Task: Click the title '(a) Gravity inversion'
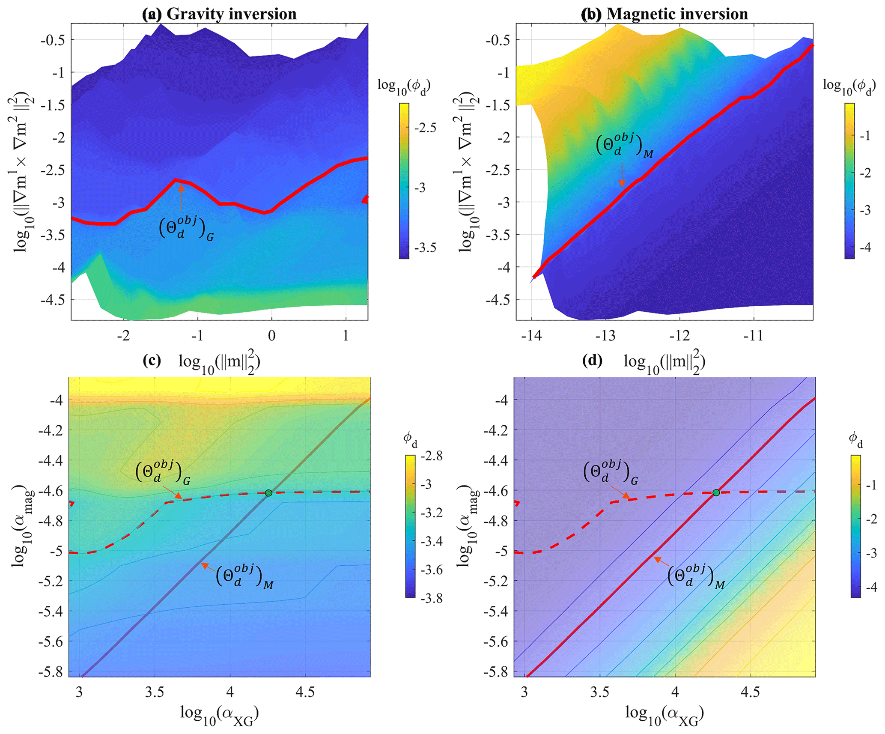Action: coord(219,14)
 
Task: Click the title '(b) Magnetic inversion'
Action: coord(664,14)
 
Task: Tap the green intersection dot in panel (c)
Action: coord(268,493)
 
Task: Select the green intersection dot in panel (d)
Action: coord(716,493)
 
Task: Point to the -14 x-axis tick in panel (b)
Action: coord(531,335)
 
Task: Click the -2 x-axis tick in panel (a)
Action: coord(123,335)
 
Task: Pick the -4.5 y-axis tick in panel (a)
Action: coord(53,299)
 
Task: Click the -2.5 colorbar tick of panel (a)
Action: coord(425,128)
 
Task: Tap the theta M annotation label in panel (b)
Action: coord(625,146)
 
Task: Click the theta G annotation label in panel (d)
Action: coord(610,472)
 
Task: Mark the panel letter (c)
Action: coord(152,361)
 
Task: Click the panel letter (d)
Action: coord(593,361)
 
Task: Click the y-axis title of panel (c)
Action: coord(22,526)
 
